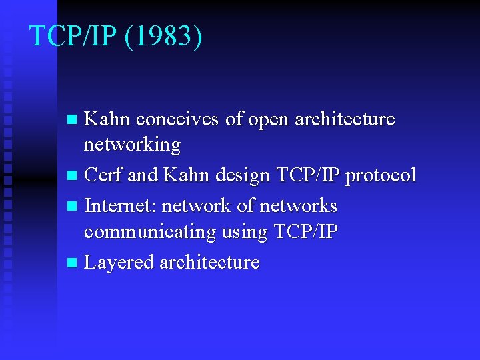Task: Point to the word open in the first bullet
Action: click(x=269, y=119)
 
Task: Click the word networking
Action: click(x=132, y=145)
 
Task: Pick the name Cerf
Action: click(x=103, y=175)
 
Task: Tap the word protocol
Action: click(x=380, y=175)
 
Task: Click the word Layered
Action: click(x=119, y=263)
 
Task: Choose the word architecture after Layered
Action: click(x=209, y=263)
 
